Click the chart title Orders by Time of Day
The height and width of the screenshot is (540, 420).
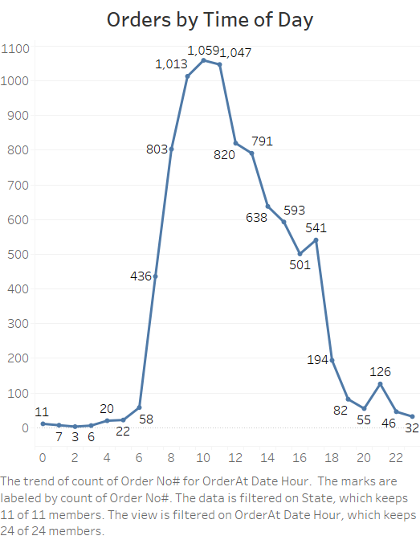210,20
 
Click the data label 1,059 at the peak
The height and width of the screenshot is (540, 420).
202,51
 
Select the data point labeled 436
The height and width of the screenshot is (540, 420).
155,276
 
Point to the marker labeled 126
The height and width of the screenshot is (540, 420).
380,384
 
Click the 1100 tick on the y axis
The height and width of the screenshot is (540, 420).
15,48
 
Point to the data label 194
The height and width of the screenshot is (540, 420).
317,360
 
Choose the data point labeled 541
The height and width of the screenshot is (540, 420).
316,239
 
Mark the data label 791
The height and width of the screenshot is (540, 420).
262,141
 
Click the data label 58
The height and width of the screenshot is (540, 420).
145,419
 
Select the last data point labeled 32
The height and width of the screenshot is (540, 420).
412,416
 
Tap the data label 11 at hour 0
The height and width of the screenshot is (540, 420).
42,412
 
